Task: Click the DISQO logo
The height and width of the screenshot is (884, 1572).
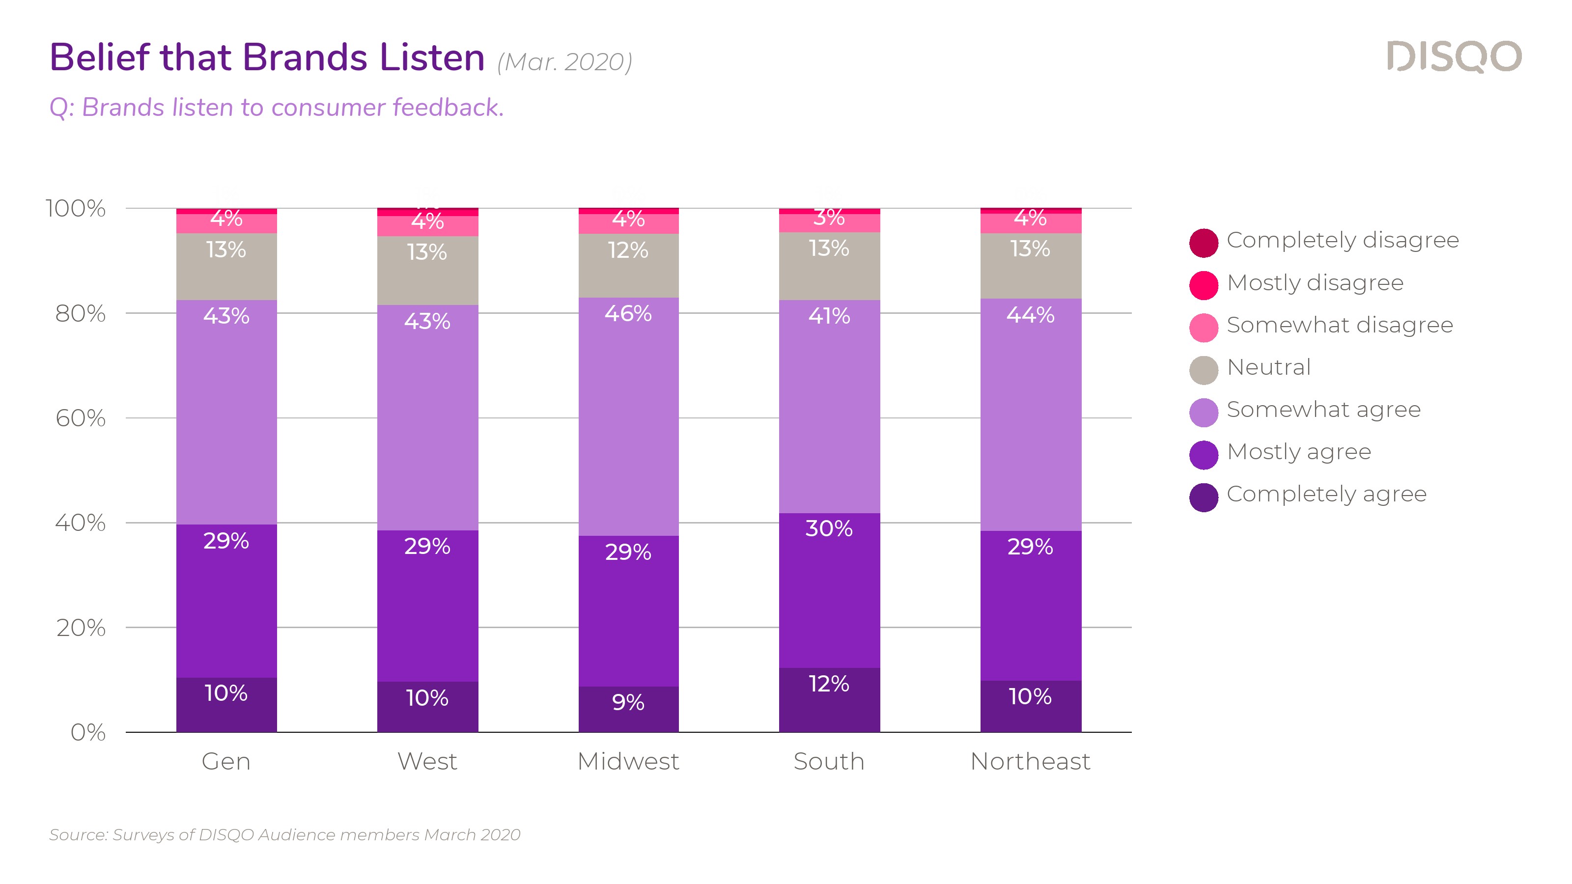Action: coord(1454,57)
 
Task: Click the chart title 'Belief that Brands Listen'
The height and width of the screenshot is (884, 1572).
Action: coord(267,58)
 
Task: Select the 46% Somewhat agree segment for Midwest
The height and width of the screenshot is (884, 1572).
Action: coord(628,416)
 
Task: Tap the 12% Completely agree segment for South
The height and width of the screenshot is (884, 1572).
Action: coord(829,699)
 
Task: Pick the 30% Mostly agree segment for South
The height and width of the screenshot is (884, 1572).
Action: coord(829,590)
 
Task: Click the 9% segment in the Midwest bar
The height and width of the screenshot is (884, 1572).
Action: coord(628,709)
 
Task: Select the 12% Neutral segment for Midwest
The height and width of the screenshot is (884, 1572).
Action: coord(628,265)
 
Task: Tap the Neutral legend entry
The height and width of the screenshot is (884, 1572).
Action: coord(1268,368)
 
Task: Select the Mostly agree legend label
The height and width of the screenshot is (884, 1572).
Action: coord(1298,452)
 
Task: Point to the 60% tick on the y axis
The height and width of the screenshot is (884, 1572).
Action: coord(81,418)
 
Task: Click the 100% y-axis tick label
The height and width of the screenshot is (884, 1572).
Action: coord(76,209)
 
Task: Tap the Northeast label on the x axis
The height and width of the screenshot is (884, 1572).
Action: coord(1030,761)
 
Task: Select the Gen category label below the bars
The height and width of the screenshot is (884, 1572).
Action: coord(226,761)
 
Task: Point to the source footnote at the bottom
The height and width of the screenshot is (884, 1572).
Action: coord(284,834)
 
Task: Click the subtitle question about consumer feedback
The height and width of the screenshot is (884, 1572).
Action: coord(277,108)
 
